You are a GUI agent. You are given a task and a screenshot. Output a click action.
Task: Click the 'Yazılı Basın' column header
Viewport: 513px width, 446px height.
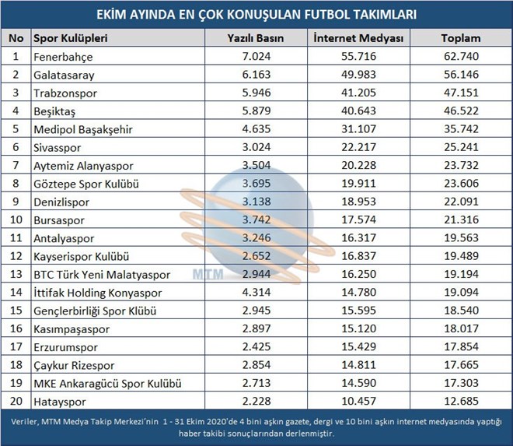256,38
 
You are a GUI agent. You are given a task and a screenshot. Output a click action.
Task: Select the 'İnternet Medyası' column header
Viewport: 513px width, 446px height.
358,38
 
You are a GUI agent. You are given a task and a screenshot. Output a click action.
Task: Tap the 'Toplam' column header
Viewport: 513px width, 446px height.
461,38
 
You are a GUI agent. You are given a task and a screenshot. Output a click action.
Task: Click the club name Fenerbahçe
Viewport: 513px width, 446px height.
63,57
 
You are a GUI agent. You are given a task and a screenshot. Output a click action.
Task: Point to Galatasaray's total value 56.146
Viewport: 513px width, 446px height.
461,75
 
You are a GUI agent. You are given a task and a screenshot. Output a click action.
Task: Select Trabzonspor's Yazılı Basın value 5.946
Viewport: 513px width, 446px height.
256,93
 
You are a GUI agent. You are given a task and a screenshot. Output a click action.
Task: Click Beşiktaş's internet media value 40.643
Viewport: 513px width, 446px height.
359,111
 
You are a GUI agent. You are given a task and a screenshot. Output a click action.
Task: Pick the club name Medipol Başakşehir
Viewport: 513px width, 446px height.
83,129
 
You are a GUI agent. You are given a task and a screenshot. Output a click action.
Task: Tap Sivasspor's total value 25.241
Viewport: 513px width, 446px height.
461,147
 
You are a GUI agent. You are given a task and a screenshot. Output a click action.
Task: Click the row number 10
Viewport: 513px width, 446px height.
16,219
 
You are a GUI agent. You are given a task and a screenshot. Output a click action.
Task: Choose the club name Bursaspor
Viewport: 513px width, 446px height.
59,220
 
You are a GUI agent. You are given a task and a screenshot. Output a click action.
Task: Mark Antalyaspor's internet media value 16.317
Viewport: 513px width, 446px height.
359,237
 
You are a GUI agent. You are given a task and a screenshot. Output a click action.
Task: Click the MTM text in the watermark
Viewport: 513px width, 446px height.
208,274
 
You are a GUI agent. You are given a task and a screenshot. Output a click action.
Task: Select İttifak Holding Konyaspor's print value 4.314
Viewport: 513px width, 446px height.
256,292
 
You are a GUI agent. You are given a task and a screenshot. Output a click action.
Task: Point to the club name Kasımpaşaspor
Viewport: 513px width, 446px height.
72,329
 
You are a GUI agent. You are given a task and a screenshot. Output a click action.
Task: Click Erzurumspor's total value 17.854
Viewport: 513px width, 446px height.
461,346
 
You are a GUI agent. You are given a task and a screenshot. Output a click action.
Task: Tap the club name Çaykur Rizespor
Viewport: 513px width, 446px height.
74,365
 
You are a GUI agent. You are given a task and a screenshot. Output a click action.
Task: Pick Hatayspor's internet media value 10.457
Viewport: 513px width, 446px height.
359,401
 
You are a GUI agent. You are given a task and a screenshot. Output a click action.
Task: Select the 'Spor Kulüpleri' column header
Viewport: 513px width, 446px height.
71,38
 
